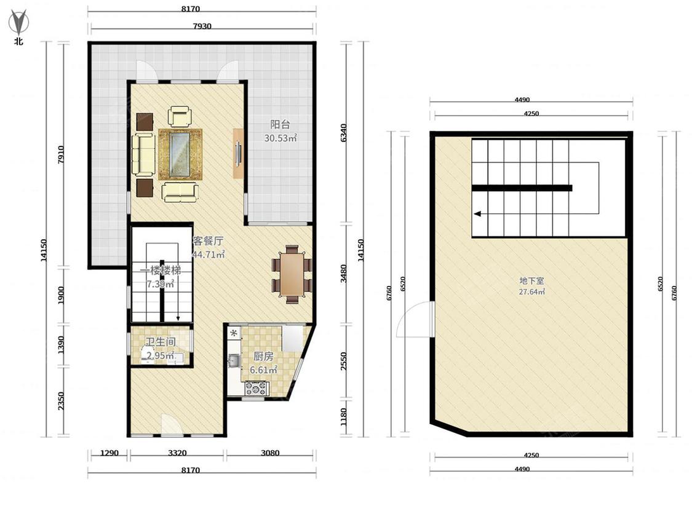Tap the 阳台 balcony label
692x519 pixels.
280,124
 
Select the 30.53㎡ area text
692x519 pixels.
280,138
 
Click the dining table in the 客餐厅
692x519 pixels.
292,274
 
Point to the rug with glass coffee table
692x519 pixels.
180,154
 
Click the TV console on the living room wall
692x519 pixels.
238,153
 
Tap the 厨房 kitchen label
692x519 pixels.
263,356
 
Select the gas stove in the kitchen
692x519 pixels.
257,389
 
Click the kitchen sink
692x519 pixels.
234,362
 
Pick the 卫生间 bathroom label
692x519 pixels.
161,341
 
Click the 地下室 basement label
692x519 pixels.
531,280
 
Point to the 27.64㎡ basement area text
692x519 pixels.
531,291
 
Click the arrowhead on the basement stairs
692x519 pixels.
477,214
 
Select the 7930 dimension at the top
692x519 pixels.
202,26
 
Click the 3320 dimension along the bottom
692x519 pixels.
177,453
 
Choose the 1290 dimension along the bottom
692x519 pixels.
109,453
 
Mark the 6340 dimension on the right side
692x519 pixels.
344,132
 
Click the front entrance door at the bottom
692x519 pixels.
172,424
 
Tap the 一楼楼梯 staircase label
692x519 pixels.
160,270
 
